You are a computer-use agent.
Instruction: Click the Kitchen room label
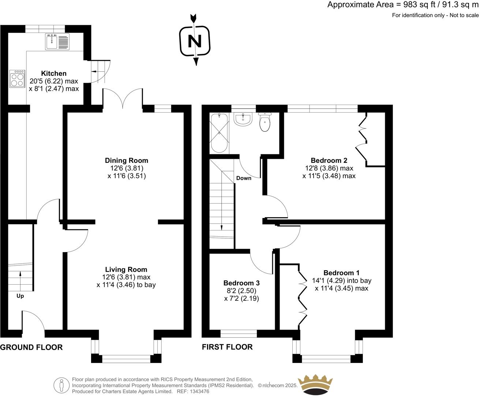[54, 74]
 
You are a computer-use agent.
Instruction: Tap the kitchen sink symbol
[57, 41]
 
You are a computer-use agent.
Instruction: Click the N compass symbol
[195, 41]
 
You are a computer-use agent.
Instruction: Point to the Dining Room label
[127, 160]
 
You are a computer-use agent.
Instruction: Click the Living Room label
[126, 270]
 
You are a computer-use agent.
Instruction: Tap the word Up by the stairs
[20, 296]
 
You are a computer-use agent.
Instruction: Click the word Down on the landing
[244, 178]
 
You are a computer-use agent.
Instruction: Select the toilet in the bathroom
[265, 122]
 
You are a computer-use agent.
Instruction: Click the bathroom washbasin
[243, 119]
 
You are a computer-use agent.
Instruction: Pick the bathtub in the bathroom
[219, 133]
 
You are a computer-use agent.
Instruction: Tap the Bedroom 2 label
[329, 160]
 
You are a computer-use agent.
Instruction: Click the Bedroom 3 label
[241, 283]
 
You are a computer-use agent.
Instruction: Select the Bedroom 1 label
[341, 273]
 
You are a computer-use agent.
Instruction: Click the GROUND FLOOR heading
[31, 347]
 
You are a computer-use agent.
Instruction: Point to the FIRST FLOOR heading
[227, 347]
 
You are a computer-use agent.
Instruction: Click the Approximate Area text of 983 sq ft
[402, 5]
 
